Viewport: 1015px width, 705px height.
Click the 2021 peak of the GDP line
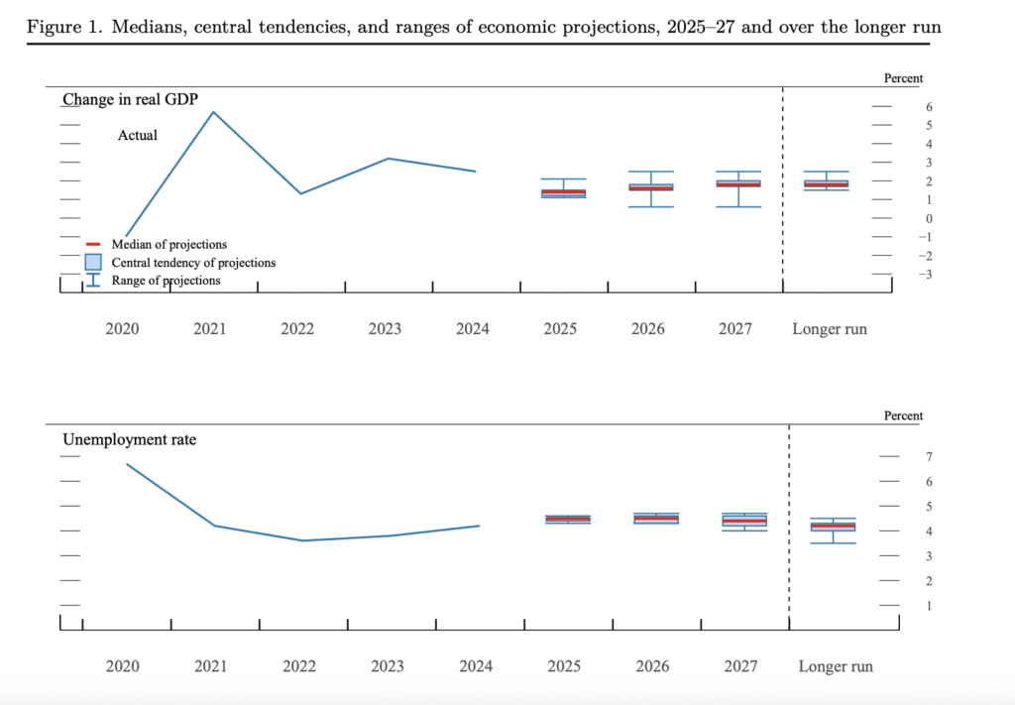(215, 111)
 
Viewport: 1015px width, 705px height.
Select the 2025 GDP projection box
(563, 192)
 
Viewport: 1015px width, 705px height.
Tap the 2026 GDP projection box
(650, 186)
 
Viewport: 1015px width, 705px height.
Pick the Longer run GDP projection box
(826, 183)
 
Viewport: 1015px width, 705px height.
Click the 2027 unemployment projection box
(743, 520)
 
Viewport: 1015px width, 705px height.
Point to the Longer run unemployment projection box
(833, 527)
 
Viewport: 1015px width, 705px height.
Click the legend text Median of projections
(169, 244)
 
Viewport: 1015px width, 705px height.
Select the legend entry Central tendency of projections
(193, 263)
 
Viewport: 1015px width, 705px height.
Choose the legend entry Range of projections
(166, 281)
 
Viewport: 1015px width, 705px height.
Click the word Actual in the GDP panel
(137, 135)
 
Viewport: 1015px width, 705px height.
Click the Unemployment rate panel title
(129, 438)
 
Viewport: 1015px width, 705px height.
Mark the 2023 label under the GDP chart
(385, 329)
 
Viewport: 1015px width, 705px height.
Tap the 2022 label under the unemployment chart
(299, 666)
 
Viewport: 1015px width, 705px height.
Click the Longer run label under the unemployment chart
(836, 666)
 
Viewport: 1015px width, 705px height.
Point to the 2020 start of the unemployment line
(126, 463)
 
